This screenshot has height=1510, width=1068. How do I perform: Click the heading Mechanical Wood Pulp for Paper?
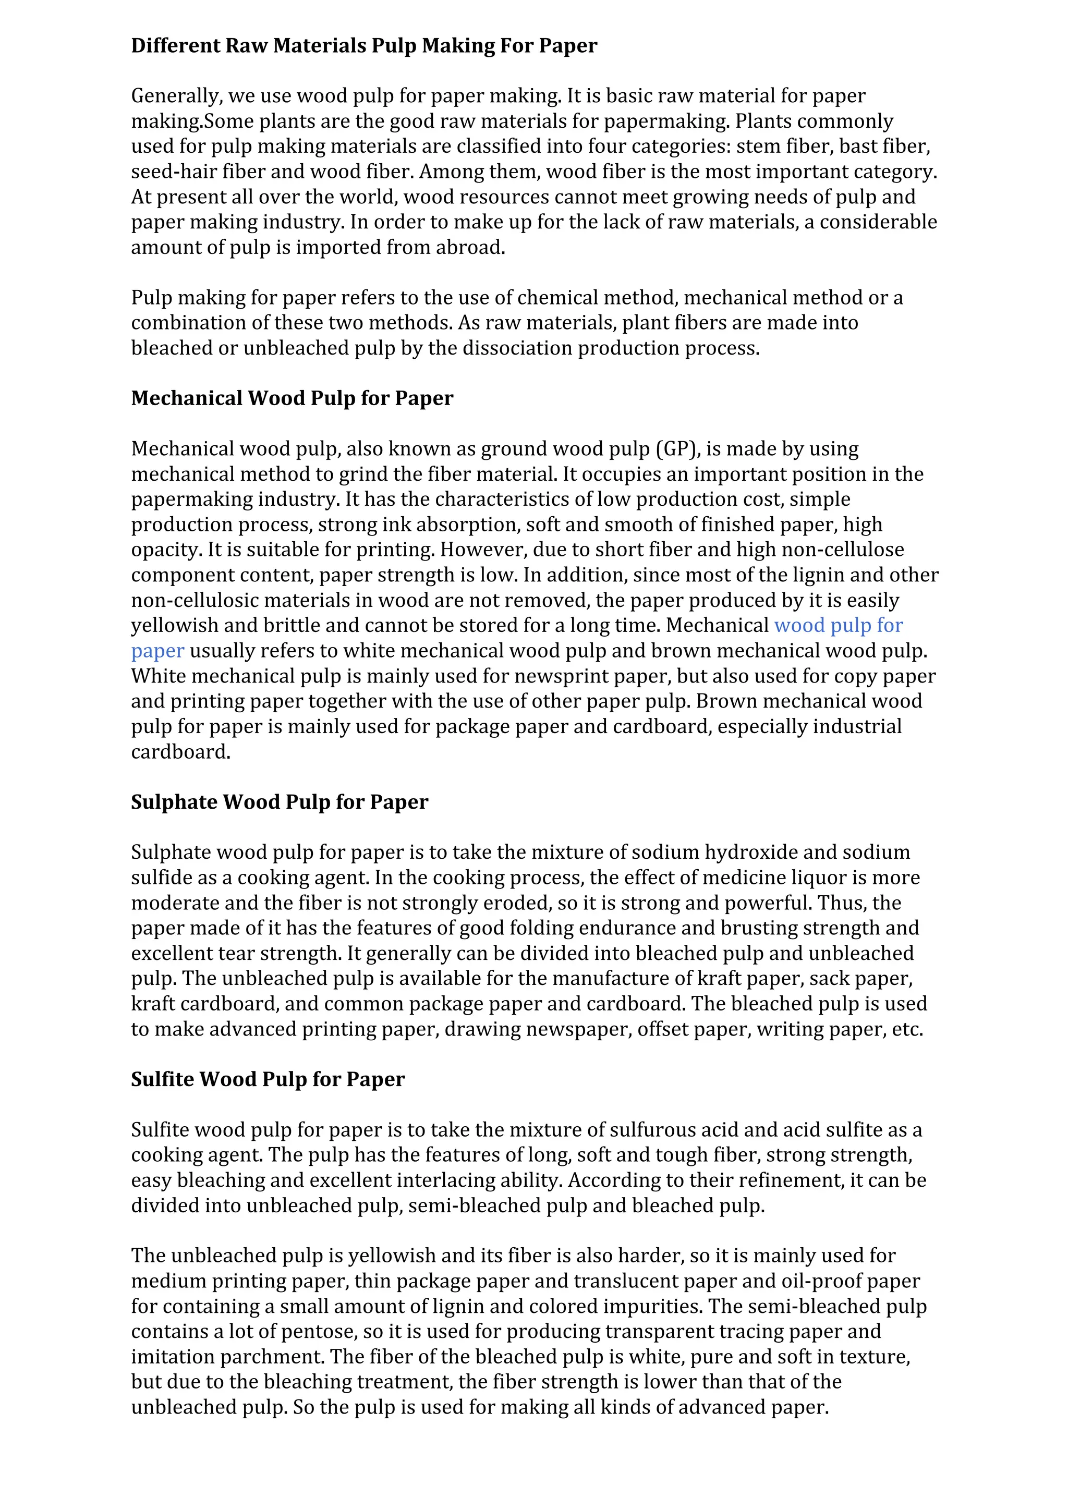292,398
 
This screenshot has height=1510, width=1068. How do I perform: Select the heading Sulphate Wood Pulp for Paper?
280,802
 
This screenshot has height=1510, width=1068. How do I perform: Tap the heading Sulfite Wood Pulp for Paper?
268,1079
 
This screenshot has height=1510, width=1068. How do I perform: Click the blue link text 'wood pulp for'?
839,626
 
